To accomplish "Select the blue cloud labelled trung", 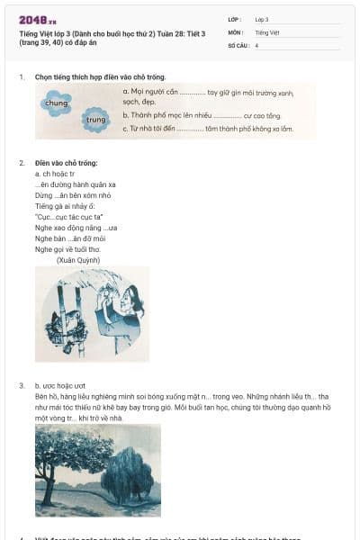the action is (x=95, y=118).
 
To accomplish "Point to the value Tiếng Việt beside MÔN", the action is (x=267, y=32).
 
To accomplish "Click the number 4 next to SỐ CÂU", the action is (x=256, y=45).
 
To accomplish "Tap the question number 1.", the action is (x=22, y=77).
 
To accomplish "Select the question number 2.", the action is (x=22, y=163).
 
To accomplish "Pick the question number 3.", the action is (x=22, y=385).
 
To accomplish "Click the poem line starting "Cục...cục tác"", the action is (x=68, y=217).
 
